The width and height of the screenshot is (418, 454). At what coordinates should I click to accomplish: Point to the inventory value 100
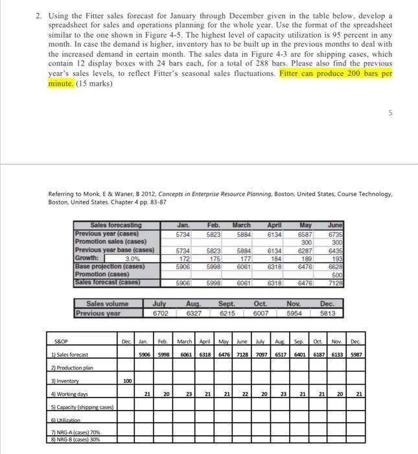click(128, 381)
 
